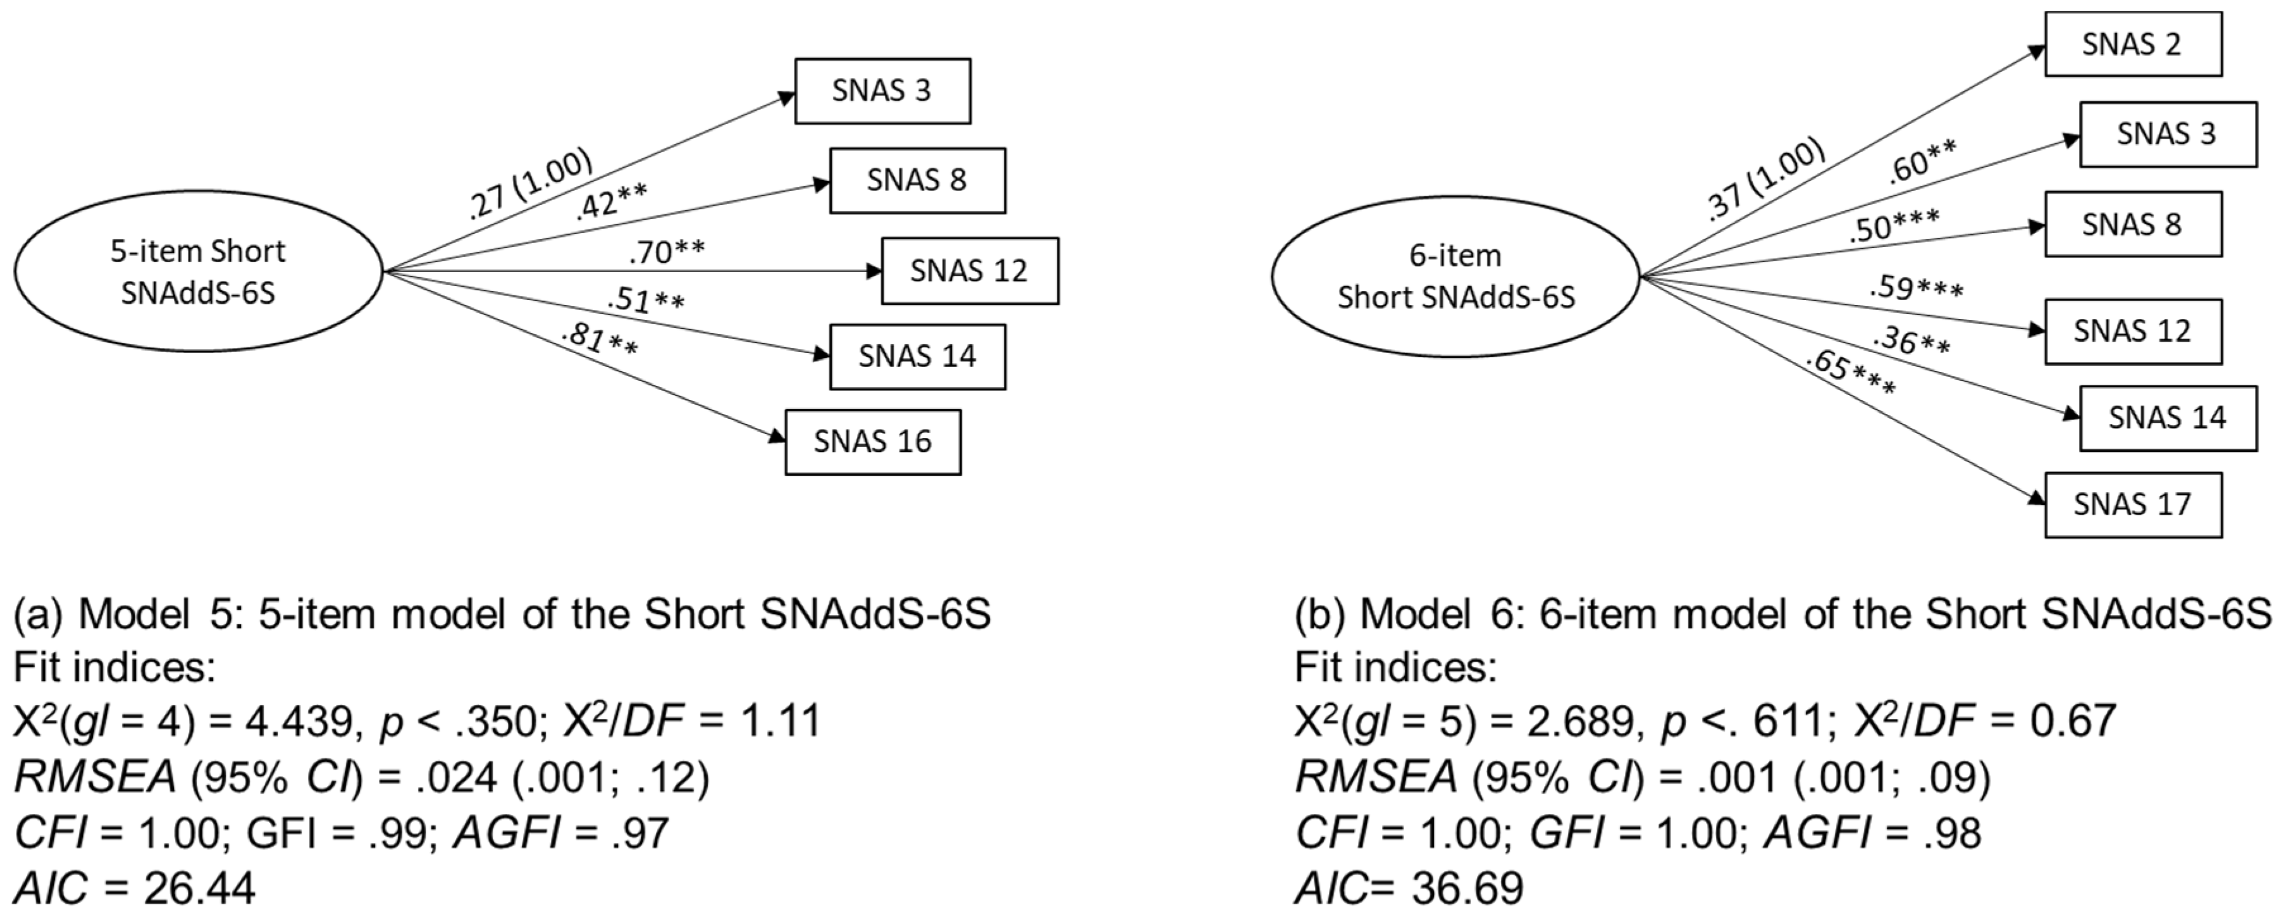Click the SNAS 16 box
point(872,442)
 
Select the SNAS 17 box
point(2132,504)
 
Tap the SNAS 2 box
point(2132,44)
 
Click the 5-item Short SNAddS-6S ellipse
point(198,271)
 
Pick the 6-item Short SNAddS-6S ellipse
point(1455,276)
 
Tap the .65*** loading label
point(1851,373)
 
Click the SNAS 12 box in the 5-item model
point(969,270)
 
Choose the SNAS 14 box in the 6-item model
point(2167,418)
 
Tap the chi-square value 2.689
point(1581,720)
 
